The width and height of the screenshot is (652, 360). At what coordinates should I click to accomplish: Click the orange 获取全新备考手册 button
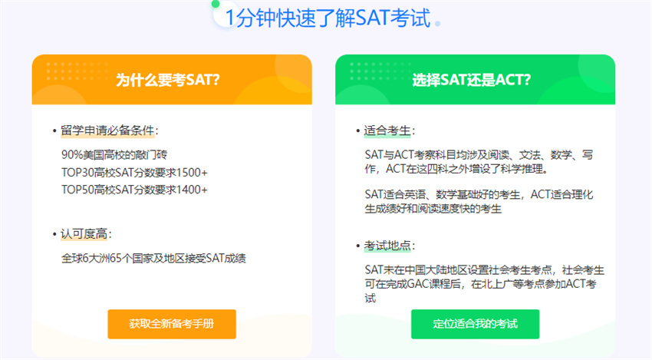pyautogui.click(x=172, y=324)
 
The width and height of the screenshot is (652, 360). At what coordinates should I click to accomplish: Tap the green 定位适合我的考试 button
pyautogui.click(x=476, y=324)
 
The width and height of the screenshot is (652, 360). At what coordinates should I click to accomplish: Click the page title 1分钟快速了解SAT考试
pyautogui.click(x=328, y=18)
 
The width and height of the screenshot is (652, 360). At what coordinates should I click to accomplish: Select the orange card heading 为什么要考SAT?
pyautogui.click(x=167, y=80)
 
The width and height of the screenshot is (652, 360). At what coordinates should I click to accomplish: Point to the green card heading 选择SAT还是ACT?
pyautogui.click(x=472, y=80)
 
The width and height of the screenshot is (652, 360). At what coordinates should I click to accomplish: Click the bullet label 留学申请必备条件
pyautogui.click(x=107, y=130)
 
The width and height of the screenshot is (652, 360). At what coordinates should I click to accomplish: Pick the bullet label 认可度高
pyautogui.click(x=84, y=234)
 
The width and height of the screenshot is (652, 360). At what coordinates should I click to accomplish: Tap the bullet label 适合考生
pyautogui.click(x=387, y=130)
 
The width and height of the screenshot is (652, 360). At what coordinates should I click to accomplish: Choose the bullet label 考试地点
pyautogui.click(x=387, y=246)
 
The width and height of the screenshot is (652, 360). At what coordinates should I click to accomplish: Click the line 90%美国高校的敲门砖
pyautogui.click(x=114, y=155)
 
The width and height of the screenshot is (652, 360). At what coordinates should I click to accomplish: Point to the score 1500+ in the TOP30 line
pyautogui.click(x=192, y=172)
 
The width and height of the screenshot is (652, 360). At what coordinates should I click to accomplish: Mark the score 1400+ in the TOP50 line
pyautogui.click(x=192, y=190)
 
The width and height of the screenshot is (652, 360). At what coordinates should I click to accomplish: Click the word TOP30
pyautogui.click(x=77, y=172)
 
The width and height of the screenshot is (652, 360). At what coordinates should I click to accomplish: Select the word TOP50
pyautogui.click(x=77, y=190)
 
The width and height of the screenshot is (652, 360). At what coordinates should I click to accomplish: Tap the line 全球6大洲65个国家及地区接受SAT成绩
pyautogui.click(x=153, y=259)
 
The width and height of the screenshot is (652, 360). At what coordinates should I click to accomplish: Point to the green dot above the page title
pyautogui.click(x=216, y=4)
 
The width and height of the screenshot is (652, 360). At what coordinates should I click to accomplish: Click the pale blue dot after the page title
pyautogui.click(x=437, y=24)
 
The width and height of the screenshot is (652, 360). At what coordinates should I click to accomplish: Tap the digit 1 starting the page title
pyautogui.click(x=230, y=18)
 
